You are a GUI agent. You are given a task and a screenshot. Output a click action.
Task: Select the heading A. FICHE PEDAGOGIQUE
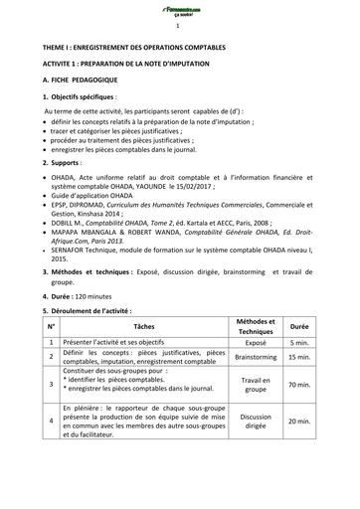pos(90,85)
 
